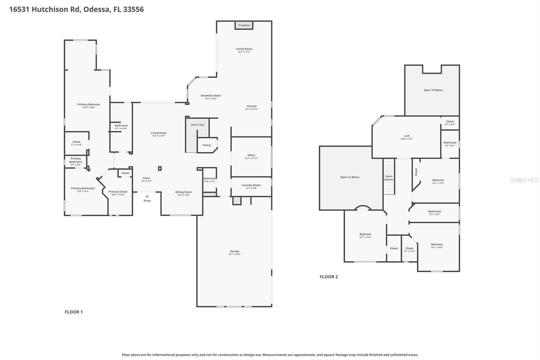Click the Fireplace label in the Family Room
[x=244, y=25]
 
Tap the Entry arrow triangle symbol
[x=147, y=196]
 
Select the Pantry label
[x=207, y=145]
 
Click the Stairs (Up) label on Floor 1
[x=197, y=125]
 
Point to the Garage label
[x=235, y=251]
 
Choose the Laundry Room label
[x=251, y=185]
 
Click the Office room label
[x=251, y=155]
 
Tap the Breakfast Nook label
[x=211, y=96]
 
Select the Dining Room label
[x=183, y=192]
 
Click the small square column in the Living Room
[x=160, y=169]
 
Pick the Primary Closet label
[x=118, y=192]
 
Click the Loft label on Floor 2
[x=407, y=136]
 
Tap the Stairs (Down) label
[x=389, y=178]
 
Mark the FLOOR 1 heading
[x=74, y=312]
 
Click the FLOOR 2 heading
[x=328, y=277]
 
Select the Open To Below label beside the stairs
[x=350, y=177]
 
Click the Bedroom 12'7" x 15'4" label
[x=365, y=234]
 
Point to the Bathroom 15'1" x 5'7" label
[x=434, y=212]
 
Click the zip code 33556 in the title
[x=133, y=9]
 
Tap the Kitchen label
[x=251, y=106]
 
